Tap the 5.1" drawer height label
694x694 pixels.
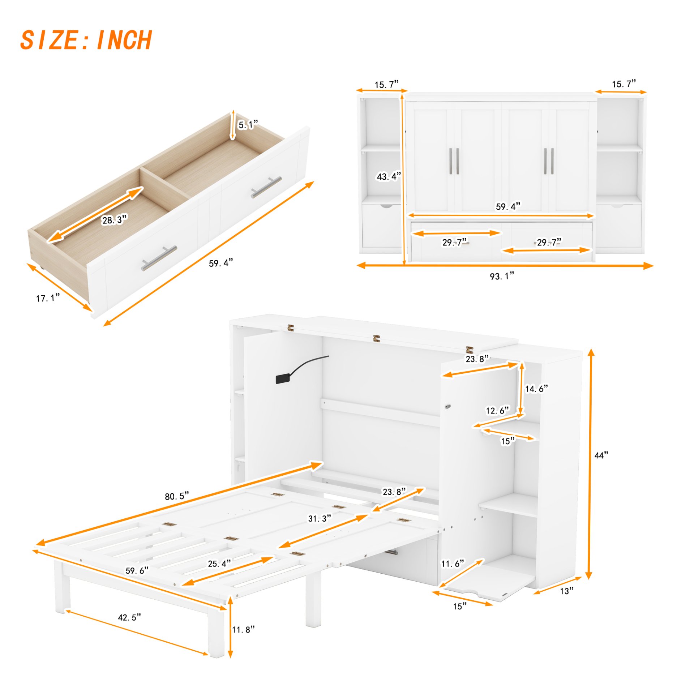(248, 125)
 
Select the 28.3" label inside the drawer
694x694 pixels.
(114, 220)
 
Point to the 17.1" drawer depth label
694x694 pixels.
(48, 298)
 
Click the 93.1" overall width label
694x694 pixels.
(502, 277)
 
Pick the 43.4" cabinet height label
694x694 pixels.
(389, 176)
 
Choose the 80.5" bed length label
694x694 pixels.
(177, 496)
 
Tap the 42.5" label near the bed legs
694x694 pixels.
(129, 617)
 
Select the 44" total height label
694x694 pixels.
(601, 455)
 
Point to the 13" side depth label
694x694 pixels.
(566, 591)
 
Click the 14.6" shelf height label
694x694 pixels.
(536, 389)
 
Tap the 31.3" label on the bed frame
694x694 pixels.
(319, 519)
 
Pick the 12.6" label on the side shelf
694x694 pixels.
(497, 411)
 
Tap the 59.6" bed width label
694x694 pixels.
(137, 571)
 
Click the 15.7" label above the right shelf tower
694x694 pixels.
(624, 84)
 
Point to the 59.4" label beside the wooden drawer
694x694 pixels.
(220, 263)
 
